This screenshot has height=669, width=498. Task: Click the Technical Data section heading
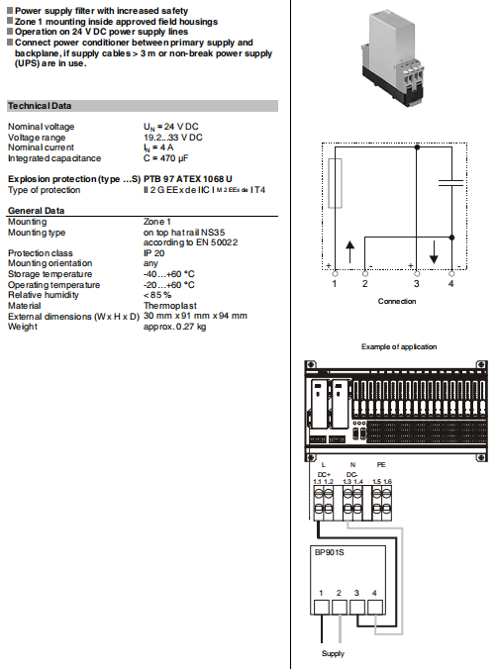pos(40,106)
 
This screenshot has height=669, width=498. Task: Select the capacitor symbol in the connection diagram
pos(451,182)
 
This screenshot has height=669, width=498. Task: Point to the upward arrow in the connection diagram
pos(349,248)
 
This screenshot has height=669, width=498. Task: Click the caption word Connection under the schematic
pos(397,302)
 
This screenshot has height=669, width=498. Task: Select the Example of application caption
pos(397,346)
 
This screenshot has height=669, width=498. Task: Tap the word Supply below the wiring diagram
pos(334,654)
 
